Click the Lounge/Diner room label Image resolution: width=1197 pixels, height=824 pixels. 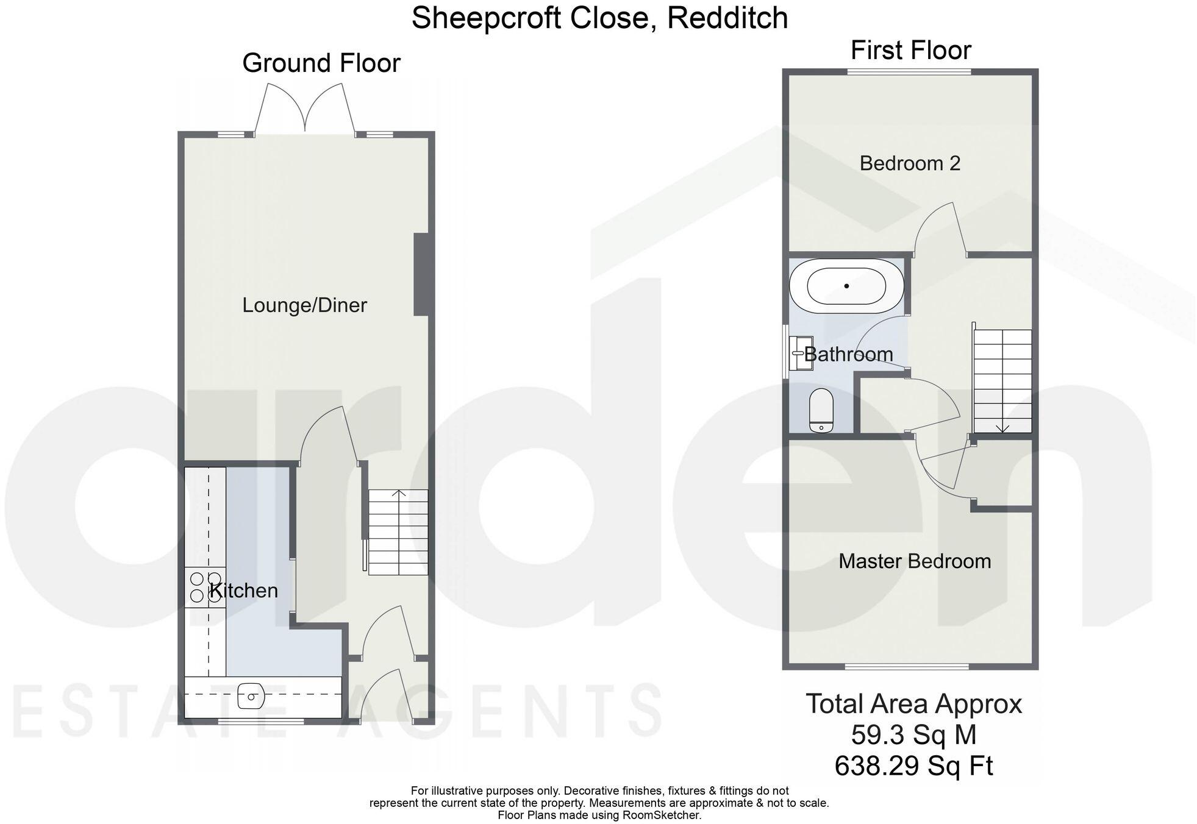(x=304, y=305)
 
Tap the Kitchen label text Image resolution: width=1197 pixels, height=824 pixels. (x=244, y=590)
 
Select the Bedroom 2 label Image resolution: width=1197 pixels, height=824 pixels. (x=910, y=163)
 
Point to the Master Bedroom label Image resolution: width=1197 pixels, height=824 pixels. (x=914, y=561)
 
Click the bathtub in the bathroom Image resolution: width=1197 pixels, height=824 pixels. (x=846, y=286)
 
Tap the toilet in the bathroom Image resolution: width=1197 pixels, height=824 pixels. (x=821, y=411)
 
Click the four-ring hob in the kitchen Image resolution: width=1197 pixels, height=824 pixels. (x=205, y=587)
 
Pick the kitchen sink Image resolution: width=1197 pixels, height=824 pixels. (x=251, y=696)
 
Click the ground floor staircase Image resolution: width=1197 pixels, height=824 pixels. (x=398, y=532)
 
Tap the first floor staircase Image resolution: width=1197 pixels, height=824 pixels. (x=1002, y=381)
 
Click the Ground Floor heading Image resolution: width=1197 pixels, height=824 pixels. (x=321, y=63)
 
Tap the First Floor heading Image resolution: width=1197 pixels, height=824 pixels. (x=910, y=50)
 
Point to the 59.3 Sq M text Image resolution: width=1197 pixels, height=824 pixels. (x=913, y=734)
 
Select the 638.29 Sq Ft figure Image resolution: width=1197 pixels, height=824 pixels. (x=913, y=765)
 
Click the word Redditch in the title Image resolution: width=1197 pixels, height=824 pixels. (x=727, y=18)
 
